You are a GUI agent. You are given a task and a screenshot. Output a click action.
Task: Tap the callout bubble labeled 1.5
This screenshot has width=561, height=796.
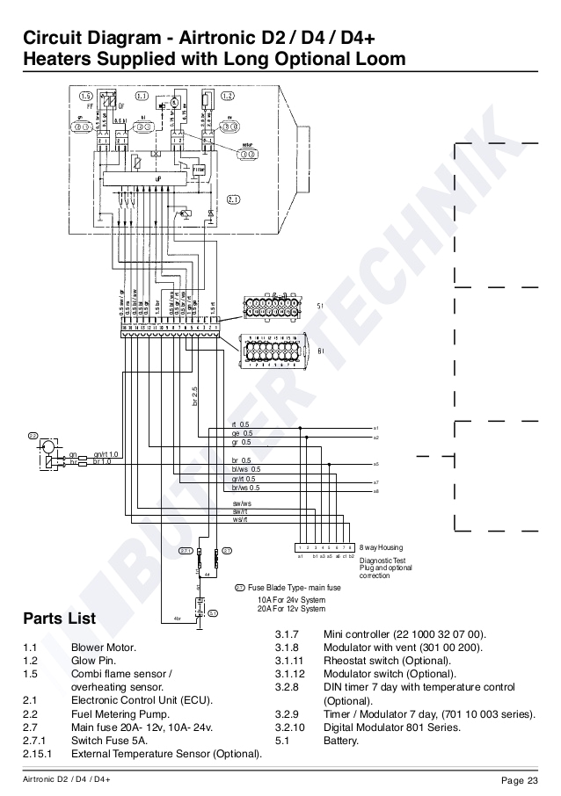coord(85,95)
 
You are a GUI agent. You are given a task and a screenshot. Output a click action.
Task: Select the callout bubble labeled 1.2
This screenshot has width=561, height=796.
coord(228,95)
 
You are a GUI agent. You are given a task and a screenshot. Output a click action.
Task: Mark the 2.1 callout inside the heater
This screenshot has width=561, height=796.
coord(234,199)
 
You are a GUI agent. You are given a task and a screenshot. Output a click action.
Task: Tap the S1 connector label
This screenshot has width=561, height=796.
coord(319,307)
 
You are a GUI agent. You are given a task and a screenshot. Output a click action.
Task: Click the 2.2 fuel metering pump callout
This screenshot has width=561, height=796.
coord(33,435)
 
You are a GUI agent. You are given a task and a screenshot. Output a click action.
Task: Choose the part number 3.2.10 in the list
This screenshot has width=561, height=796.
coord(291,727)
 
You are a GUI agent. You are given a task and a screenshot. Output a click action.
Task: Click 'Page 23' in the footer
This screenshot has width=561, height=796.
coord(519,781)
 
